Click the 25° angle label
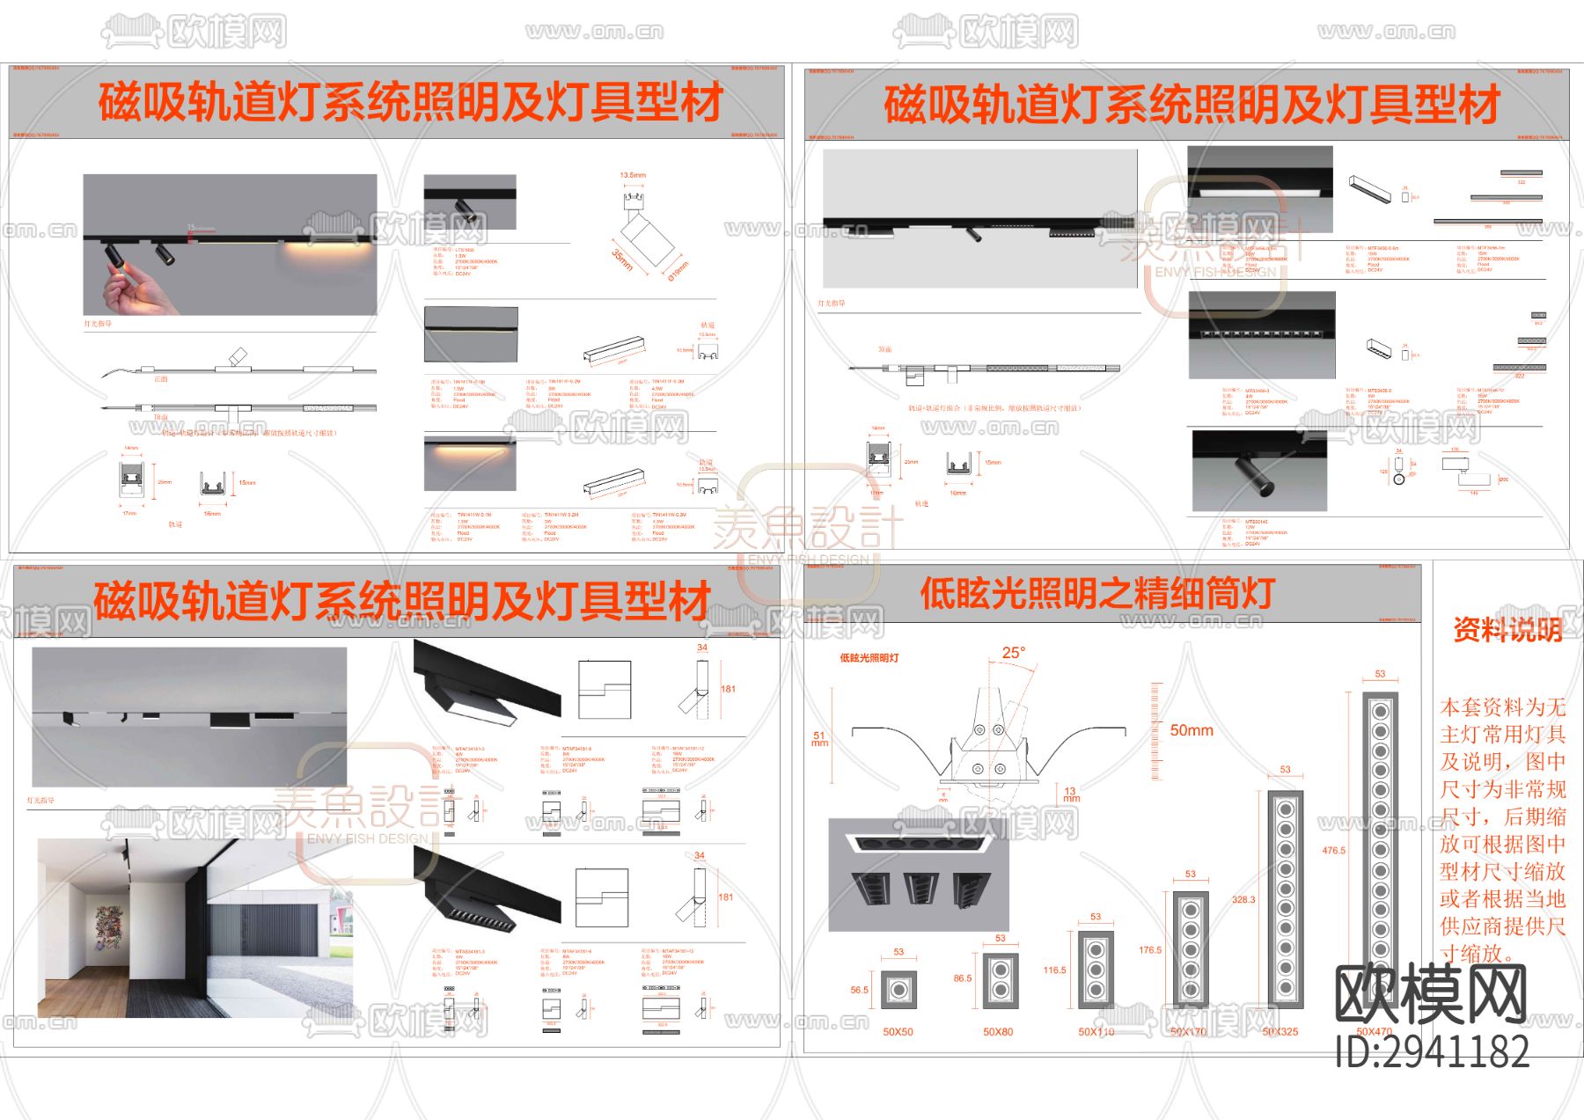(1013, 653)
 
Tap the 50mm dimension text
(1191, 730)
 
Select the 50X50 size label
(898, 1031)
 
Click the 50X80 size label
(998, 1031)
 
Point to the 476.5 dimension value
(1333, 851)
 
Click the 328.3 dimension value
(1243, 900)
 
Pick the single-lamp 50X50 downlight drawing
(898, 990)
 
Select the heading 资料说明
(1507, 630)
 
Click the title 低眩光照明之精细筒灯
(1097, 593)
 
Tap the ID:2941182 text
(1432, 1051)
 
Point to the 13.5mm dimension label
(632, 175)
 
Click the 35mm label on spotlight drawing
(622, 260)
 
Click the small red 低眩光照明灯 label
(869, 657)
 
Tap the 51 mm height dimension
(819, 739)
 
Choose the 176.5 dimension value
(1149, 950)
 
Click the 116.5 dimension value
(1054, 970)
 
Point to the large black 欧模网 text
(1430, 994)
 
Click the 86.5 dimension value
(963, 978)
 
